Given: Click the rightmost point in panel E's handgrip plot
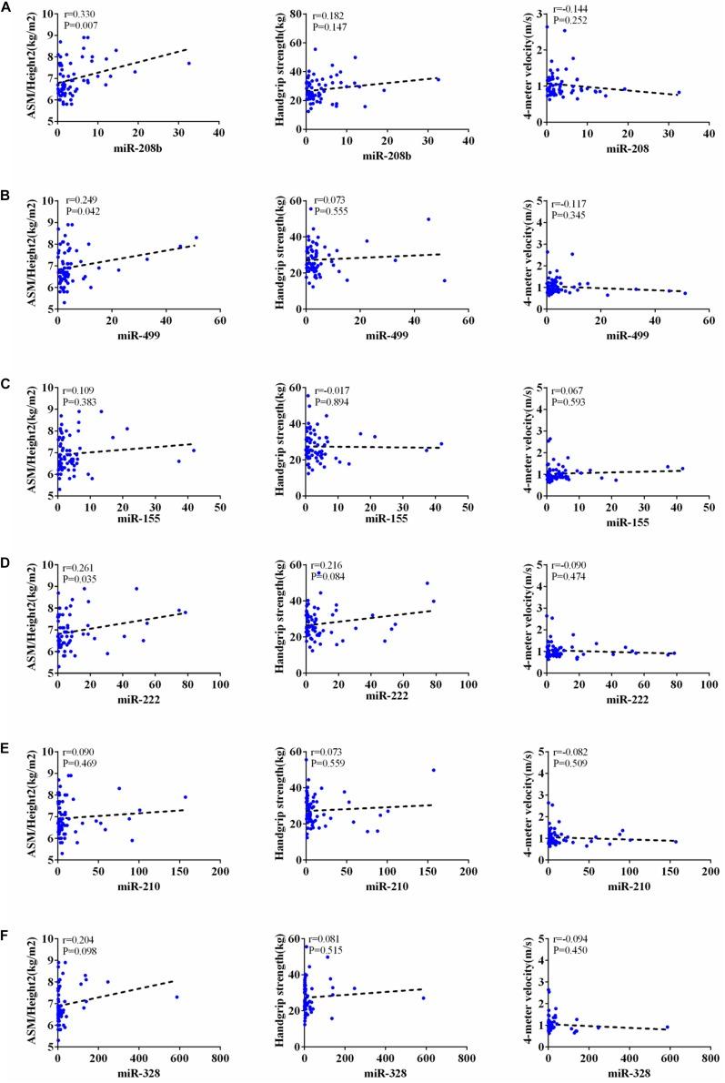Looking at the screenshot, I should tap(433, 770).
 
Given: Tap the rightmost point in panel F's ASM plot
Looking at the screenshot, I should tap(177, 997).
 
